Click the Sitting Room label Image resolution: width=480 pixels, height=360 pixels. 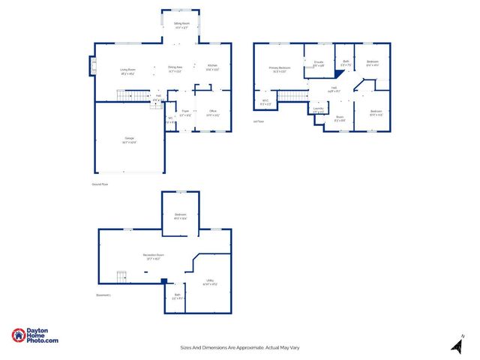[x=181, y=24]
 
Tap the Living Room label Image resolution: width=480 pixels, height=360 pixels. [x=127, y=70]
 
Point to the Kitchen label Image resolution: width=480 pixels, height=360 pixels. [x=212, y=67]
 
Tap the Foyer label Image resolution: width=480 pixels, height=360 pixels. [x=185, y=111]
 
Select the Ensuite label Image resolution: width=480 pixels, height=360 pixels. [x=319, y=62]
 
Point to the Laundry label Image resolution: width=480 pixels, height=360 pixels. [x=319, y=109]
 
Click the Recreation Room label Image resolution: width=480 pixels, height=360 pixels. [x=154, y=256]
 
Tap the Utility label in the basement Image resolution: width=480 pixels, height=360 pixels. [x=211, y=280]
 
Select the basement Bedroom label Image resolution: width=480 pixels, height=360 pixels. [x=181, y=215]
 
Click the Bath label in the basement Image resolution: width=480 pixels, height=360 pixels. [x=178, y=295]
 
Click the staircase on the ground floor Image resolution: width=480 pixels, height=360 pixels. [x=132, y=95]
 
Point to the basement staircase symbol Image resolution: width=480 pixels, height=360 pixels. [x=121, y=276]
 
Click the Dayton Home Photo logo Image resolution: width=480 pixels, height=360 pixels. [x=34, y=337]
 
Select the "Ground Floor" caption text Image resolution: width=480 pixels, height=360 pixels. [x=100, y=184]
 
